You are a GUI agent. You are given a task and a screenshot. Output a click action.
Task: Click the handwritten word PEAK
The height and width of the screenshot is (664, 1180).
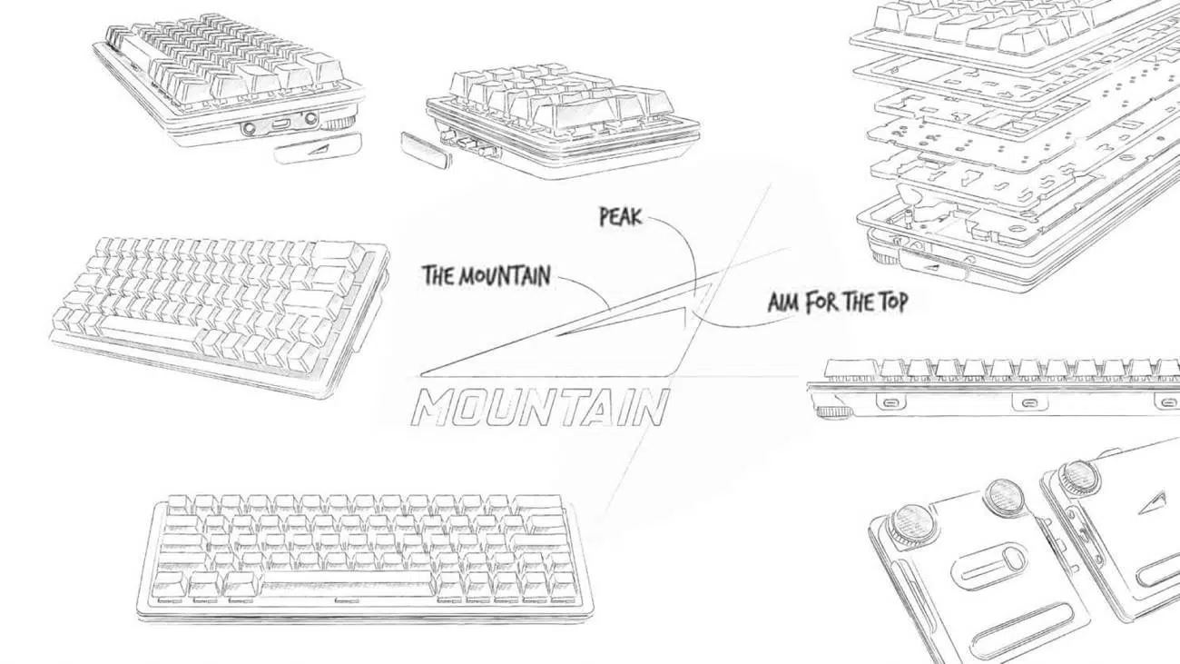point(621,216)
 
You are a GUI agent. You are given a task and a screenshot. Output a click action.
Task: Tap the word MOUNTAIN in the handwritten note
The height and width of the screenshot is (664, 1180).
point(504,276)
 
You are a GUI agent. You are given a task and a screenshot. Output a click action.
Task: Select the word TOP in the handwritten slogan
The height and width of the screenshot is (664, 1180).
point(890,302)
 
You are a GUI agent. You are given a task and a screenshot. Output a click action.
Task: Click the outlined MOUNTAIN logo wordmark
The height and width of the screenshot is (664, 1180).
point(540,407)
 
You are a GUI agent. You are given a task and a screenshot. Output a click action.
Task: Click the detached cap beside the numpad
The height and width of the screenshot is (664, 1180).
point(427,148)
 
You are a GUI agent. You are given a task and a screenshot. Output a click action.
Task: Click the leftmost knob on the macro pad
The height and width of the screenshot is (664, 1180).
point(910,524)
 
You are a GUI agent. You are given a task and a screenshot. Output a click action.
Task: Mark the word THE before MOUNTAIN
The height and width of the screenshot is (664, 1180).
point(438,275)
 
